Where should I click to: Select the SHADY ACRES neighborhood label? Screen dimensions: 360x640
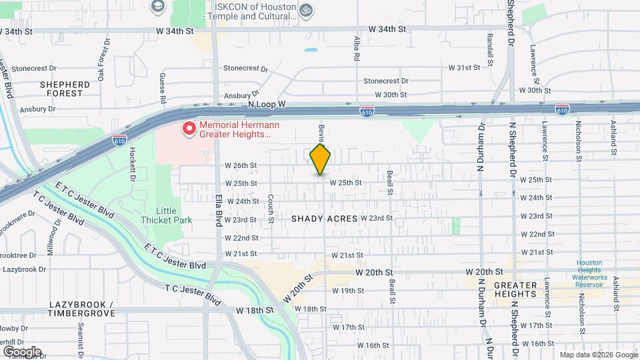325,219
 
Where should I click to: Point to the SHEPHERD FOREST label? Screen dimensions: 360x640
65,89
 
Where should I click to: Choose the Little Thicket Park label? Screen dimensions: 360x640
166,215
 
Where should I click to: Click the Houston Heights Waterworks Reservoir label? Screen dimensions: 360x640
590,273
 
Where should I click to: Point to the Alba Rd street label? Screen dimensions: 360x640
357,49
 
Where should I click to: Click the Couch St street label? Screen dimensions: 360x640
271,208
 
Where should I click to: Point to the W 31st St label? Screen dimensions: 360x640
464,68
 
